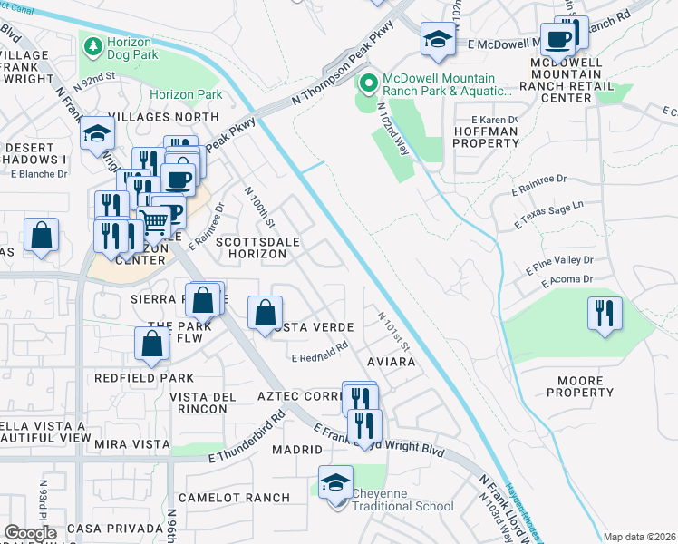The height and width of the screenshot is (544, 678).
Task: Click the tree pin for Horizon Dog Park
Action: (x=92, y=44)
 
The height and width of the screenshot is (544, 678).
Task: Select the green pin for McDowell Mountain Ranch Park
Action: (x=368, y=83)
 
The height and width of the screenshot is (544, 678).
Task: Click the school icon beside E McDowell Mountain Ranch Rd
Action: (x=437, y=39)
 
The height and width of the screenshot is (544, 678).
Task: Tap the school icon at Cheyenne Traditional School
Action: (x=334, y=481)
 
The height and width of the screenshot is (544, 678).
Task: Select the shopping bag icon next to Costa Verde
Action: (x=264, y=313)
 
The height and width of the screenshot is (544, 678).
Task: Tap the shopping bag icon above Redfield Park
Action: (x=152, y=342)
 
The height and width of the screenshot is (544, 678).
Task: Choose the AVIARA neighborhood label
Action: (x=391, y=362)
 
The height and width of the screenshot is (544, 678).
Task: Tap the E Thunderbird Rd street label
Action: (x=247, y=437)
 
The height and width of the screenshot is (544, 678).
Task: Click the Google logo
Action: (x=30, y=532)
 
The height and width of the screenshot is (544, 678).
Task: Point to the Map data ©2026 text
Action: (x=639, y=537)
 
